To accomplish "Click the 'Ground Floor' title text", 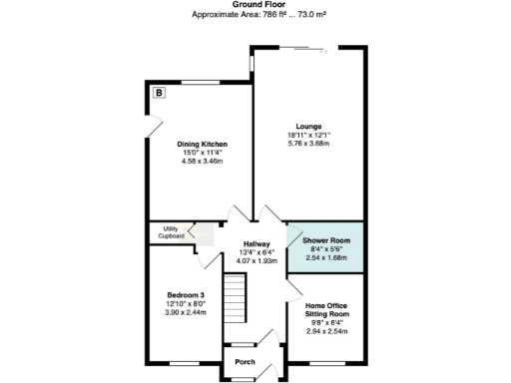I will (x=255, y=5).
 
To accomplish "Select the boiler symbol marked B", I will (x=160, y=93).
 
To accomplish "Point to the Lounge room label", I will (x=308, y=127).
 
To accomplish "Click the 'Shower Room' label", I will (x=326, y=240).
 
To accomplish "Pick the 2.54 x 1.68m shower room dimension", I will (x=326, y=256).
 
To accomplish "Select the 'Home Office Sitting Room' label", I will (x=326, y=309).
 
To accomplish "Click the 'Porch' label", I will (x=245, y=362).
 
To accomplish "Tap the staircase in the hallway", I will (x=233, y=294).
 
